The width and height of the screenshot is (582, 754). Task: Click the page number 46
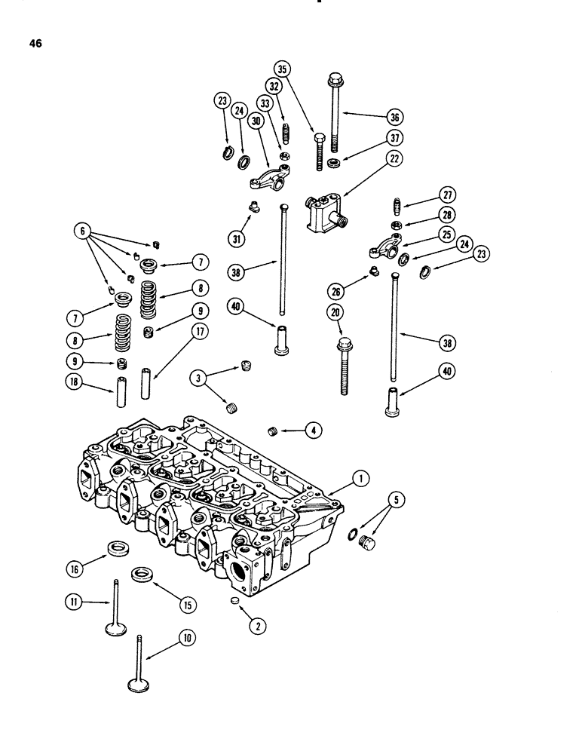coord(35,43)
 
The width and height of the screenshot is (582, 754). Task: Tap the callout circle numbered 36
coord(396,117)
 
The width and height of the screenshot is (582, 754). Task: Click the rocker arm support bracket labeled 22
coord(324,208)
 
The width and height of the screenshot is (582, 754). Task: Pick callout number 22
coord(394,158)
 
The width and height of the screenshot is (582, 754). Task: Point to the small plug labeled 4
coord(274,431)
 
